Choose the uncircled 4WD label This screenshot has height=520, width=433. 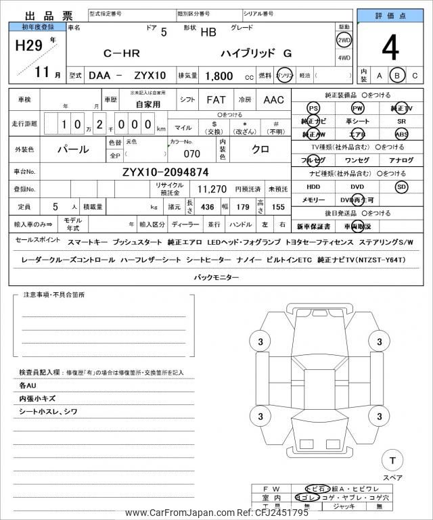(x=344, y=57)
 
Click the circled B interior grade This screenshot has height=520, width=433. (x=398, y=76)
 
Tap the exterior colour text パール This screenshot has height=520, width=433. (x=72, y=148)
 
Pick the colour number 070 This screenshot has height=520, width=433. (x=191, y=153)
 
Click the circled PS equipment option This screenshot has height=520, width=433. (x=313, y=108)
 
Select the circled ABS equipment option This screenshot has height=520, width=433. (x=402, y=134)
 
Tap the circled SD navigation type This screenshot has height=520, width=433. (x=402, y=187)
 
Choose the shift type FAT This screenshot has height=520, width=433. (x=216, y=99)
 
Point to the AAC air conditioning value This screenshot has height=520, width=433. (x=274, y=99)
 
